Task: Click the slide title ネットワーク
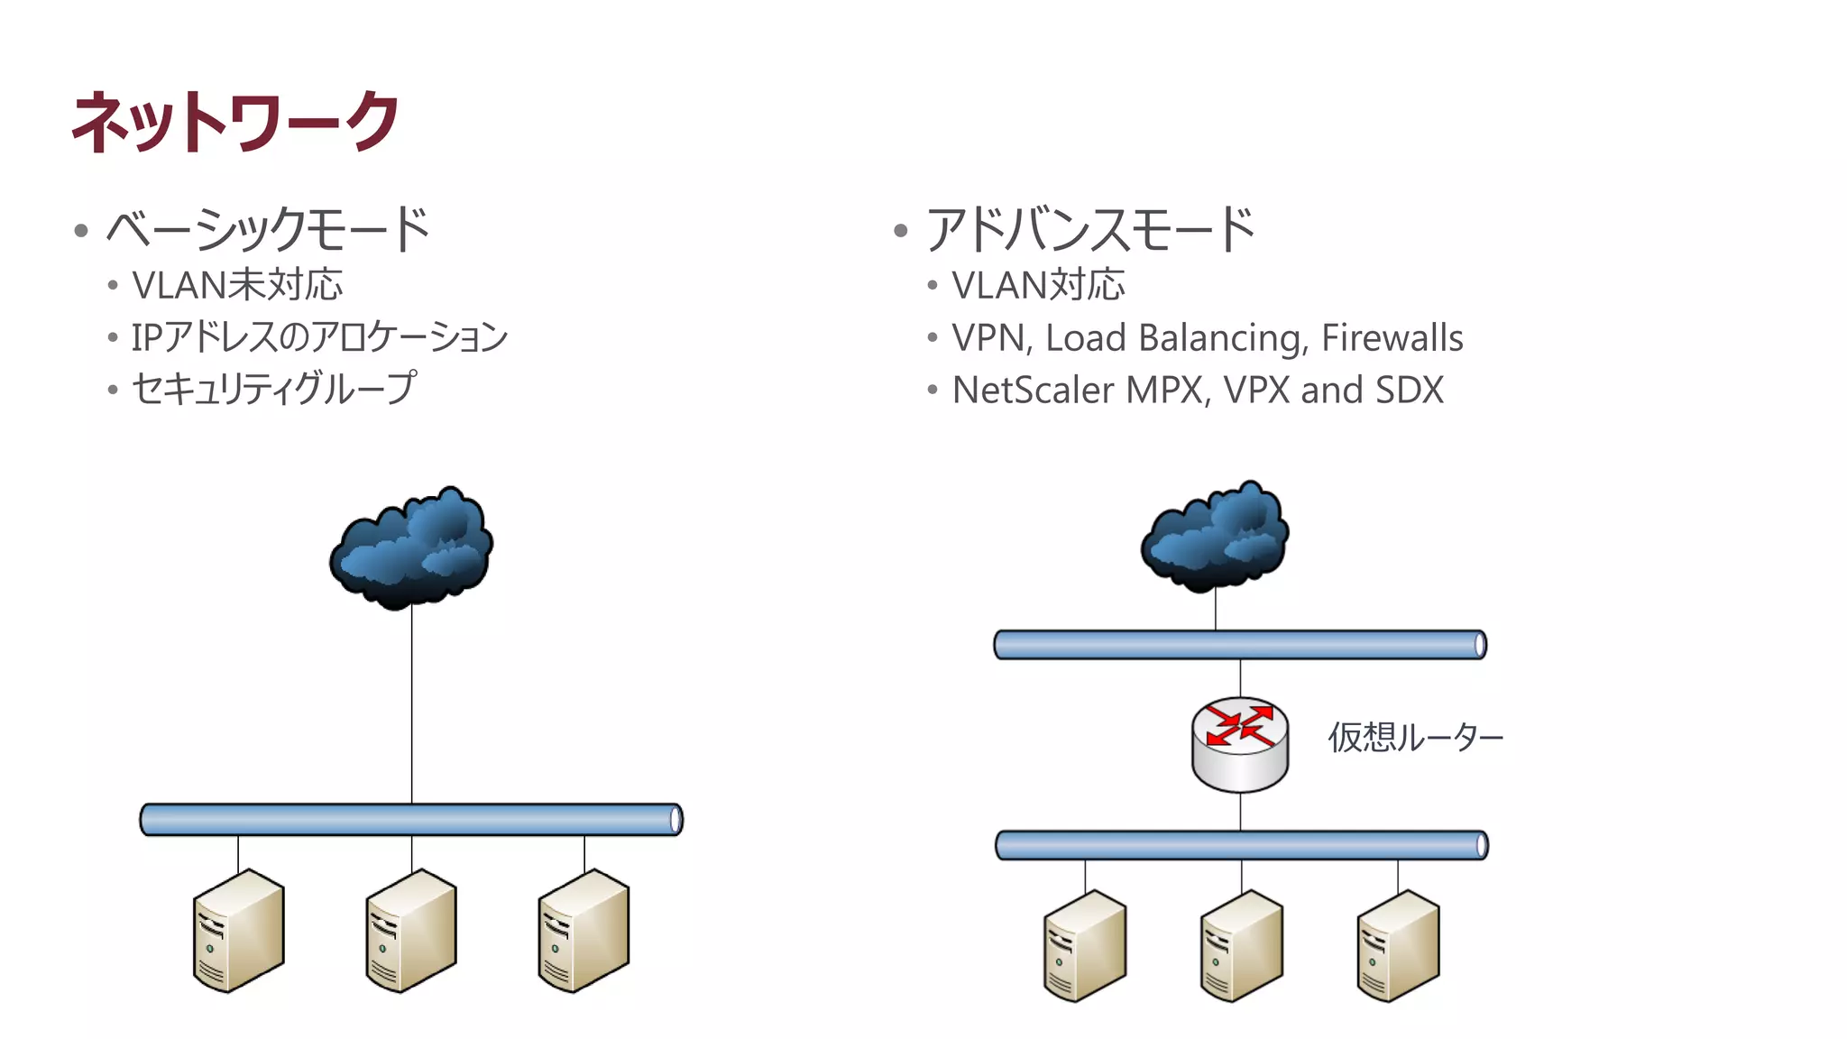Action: tap(234, 122)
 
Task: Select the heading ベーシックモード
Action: tap(268, 230)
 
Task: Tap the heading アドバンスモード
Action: tap(1089, 230)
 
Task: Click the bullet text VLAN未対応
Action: tap(237, 285)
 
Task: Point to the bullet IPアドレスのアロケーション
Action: tap(319, 337)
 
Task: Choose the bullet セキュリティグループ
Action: tap(274, 389)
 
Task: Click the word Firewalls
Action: tap(1392, 338)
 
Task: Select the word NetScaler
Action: tap(1033, 391)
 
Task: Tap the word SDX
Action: tap(1409, 391)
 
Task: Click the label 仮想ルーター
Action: tap(1415, 738)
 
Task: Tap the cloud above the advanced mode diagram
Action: tap(1215, 537)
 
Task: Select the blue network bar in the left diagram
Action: tap(411, 820)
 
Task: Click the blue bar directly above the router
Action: tap(1240, 645)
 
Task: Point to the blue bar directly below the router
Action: tap(1241, 845)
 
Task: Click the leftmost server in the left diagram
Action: tap(238, 931)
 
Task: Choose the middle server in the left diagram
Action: tap(411, 931)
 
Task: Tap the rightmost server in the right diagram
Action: tap(1398, 946)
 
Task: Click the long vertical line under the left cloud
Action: tap(412, 703)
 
